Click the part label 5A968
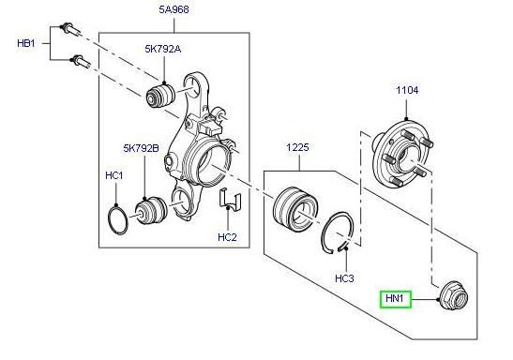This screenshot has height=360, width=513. [174, 10]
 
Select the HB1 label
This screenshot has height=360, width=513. [26, 43]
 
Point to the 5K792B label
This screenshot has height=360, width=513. [142, 148]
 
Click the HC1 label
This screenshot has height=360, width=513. [113, 176]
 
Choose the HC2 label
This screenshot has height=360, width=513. [227, 237]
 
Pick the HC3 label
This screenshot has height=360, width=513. [344, 279]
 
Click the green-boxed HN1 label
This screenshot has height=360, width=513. [395, 300]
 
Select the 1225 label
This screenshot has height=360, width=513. [297, 148]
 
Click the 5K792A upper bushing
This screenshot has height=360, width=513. [165, 97]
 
